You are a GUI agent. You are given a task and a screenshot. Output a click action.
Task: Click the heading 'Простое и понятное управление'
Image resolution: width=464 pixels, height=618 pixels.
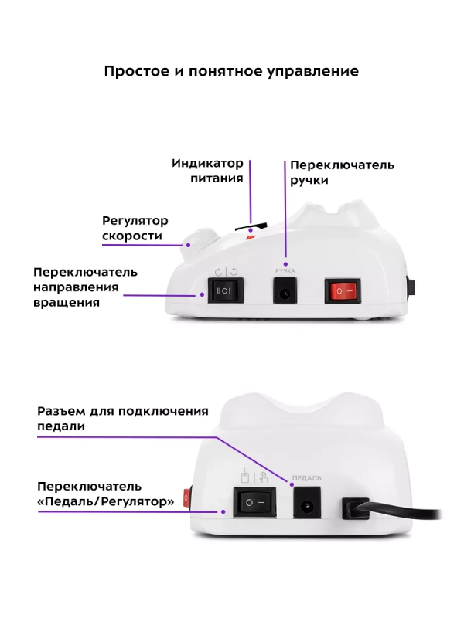(231, 71)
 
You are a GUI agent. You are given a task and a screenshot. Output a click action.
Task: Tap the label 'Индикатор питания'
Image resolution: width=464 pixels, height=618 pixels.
(207, 171)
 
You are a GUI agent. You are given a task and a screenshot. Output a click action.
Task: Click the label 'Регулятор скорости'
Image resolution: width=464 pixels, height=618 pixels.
(135, 229)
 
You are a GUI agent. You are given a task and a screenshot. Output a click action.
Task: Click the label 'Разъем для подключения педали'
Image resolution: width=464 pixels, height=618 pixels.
(123, 417)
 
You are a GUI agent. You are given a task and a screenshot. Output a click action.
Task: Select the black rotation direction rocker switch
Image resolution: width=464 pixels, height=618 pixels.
(223, 291)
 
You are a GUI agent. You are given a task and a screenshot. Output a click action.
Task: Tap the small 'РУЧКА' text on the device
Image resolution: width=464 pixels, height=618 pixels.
(285, 270)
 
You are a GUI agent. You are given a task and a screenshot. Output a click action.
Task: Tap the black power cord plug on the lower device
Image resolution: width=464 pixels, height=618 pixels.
(358, 508)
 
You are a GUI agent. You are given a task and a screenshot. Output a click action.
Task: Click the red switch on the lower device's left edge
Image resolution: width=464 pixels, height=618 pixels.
(187, 497)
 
